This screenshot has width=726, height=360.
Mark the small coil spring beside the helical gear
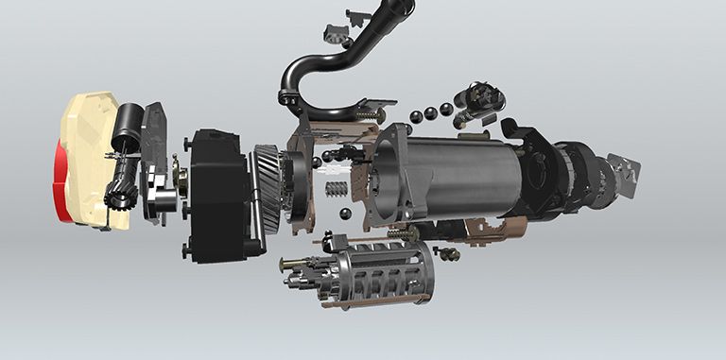click(x=334, y=189)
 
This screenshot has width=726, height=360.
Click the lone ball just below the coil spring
click(x=345, y=214)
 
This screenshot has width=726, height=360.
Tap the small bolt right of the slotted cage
click(x=449, y=253)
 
